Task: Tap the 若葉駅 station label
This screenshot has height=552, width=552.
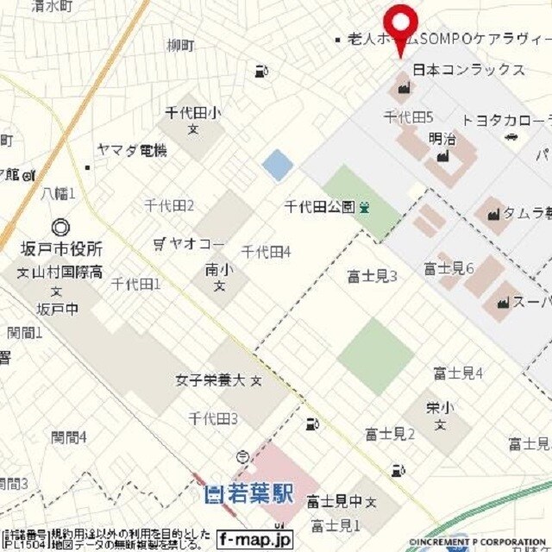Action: tap(250, 495)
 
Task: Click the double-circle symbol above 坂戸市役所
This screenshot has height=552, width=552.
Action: tap(61, 228)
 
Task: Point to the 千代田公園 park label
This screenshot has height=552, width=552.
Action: tap(320, 206)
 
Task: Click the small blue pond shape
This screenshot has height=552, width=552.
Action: tap(278, 165)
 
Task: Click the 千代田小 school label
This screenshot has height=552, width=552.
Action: tap(193, 112)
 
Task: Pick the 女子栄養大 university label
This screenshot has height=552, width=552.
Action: tap(211, 379)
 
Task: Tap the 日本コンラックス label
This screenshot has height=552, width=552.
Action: tap(469, 70)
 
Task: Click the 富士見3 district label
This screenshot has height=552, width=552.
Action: tap(372, 277)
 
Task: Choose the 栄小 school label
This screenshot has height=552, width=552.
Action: tap(439, 407)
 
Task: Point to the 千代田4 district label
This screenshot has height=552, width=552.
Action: tap(266, 252)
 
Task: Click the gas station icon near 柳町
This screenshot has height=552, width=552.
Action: tap(260, 72)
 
